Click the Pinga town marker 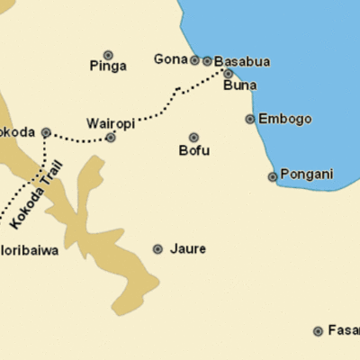coord(108,55)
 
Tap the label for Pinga coord(108,66)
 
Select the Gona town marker coord(194,60)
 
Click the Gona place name coord(170,59)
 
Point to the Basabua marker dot coord(207,61)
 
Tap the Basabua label coord(242,61)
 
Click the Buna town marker coord(228,74)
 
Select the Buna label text coord(239,85)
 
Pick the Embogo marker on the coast coord(250,119)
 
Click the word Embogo coord(284,119)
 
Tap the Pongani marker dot coord(273,176)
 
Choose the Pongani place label coord(308,174)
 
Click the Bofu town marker coord(193,137)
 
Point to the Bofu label coord(193,150)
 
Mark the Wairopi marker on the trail coord(111,138)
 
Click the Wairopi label coord(111,122)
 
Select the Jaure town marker coord(157,248)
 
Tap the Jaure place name coord(187,248)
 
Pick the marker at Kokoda coord(46,132)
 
